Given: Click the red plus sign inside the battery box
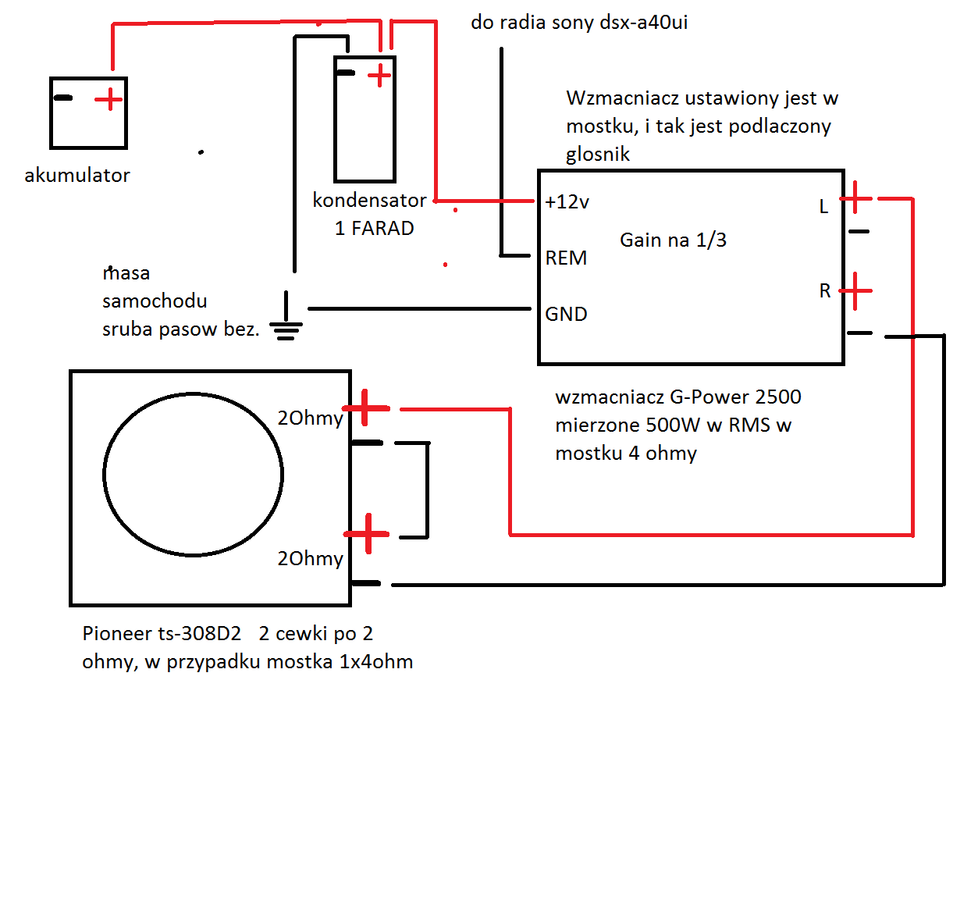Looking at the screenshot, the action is coord(108,99).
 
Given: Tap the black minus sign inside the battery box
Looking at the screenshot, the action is coord(63,98).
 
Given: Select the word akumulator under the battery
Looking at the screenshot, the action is coord(77,175).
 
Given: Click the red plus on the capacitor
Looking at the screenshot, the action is coord(379,76).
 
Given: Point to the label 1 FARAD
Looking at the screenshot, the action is coord(374,228).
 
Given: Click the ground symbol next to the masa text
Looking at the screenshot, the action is coord(286,316).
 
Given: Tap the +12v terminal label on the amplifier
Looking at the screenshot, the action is coord(567,202).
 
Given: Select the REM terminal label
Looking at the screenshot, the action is coord(566,258).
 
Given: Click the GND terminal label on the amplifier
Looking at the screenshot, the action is coord(566,314).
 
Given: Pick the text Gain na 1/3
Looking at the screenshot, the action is coord(673,240).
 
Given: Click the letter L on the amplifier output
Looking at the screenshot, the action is coord(823,207).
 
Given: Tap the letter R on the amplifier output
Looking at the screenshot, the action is coord(825,290).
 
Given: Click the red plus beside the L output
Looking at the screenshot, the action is coord(855,198).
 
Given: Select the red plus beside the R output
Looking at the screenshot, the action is coord(855,291).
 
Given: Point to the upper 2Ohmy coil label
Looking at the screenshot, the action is coord(310,418).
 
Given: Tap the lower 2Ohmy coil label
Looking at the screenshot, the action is coord(310,558).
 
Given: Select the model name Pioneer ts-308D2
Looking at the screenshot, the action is coord(162,633).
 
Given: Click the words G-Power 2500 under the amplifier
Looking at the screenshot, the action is coord(735,397).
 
